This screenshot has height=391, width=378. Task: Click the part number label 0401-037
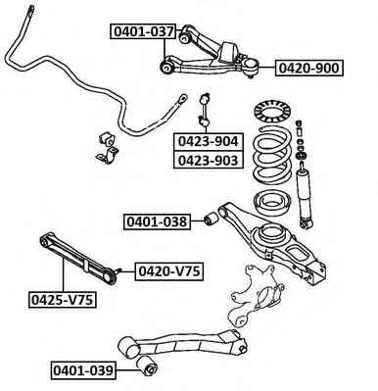[143, 31]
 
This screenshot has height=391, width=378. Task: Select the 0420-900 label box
[309, 68]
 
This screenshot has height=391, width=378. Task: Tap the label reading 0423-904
[209, 141]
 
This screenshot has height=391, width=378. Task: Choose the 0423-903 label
[209, 160]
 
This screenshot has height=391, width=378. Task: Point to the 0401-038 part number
[157, 221]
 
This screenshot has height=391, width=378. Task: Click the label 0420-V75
[169, 271]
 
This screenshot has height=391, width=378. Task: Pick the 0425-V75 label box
[63, 300]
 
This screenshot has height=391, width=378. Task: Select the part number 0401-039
[83, 370]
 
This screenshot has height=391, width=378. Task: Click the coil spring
[272, 157]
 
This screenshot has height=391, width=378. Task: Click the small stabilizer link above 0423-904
[205, 110]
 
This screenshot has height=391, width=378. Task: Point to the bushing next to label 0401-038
[212, 219]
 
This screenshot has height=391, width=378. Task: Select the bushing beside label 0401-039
[147, 366]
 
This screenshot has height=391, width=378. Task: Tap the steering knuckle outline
[256, 294]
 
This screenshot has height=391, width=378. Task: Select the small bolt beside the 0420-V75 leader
[119, 270]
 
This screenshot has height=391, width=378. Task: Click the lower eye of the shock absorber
[307, 224]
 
